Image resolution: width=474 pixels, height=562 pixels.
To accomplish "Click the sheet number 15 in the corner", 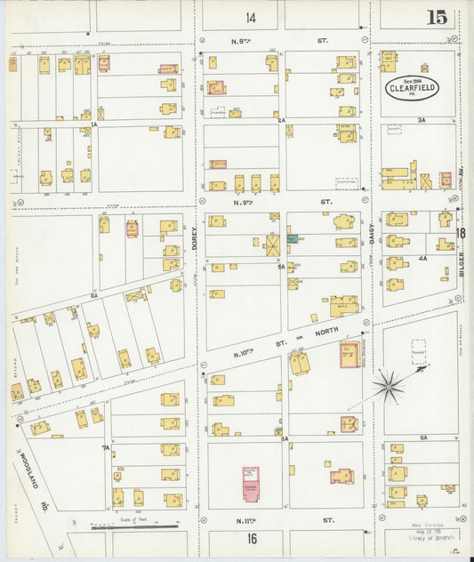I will pyautogui.click(x=436, y=17).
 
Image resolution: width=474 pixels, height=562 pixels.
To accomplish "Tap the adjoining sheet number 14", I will pyautogui.click(x=251, y=18).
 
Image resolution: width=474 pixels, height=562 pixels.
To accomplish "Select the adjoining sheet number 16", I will pyautogui.click(x=252, y=539).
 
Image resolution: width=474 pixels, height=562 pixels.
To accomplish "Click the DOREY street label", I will pyautogui.click(x=193, y=236).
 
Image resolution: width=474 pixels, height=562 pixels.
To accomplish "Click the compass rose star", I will pyautogui.click(x=388, y=384).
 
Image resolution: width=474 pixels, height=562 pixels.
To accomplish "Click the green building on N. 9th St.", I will pyautogui.click(x=292, y=239).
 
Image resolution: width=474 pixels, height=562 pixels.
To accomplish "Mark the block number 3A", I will pyautogui.click(x=422, y=120).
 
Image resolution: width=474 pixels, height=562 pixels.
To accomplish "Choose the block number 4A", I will pyautogui.click(x=422, y=258).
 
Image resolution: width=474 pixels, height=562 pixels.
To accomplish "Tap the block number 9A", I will pyautogui.click(x=424, y=438).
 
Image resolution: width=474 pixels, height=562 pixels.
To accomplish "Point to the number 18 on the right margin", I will pyautogui.click(x=461, y=234).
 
